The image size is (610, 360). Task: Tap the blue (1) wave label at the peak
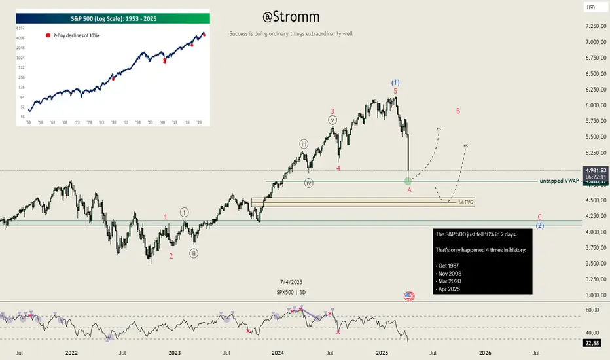click(x=395, y=82)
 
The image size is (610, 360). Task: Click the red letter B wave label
click(x=458, y=111)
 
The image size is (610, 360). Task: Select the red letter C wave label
click(x=539, y=217)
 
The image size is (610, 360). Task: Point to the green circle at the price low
click(x=408, y=179)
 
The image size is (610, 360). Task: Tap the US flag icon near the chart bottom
click(x=409, y=296)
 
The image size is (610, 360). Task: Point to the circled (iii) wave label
click(x=304, y=143)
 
